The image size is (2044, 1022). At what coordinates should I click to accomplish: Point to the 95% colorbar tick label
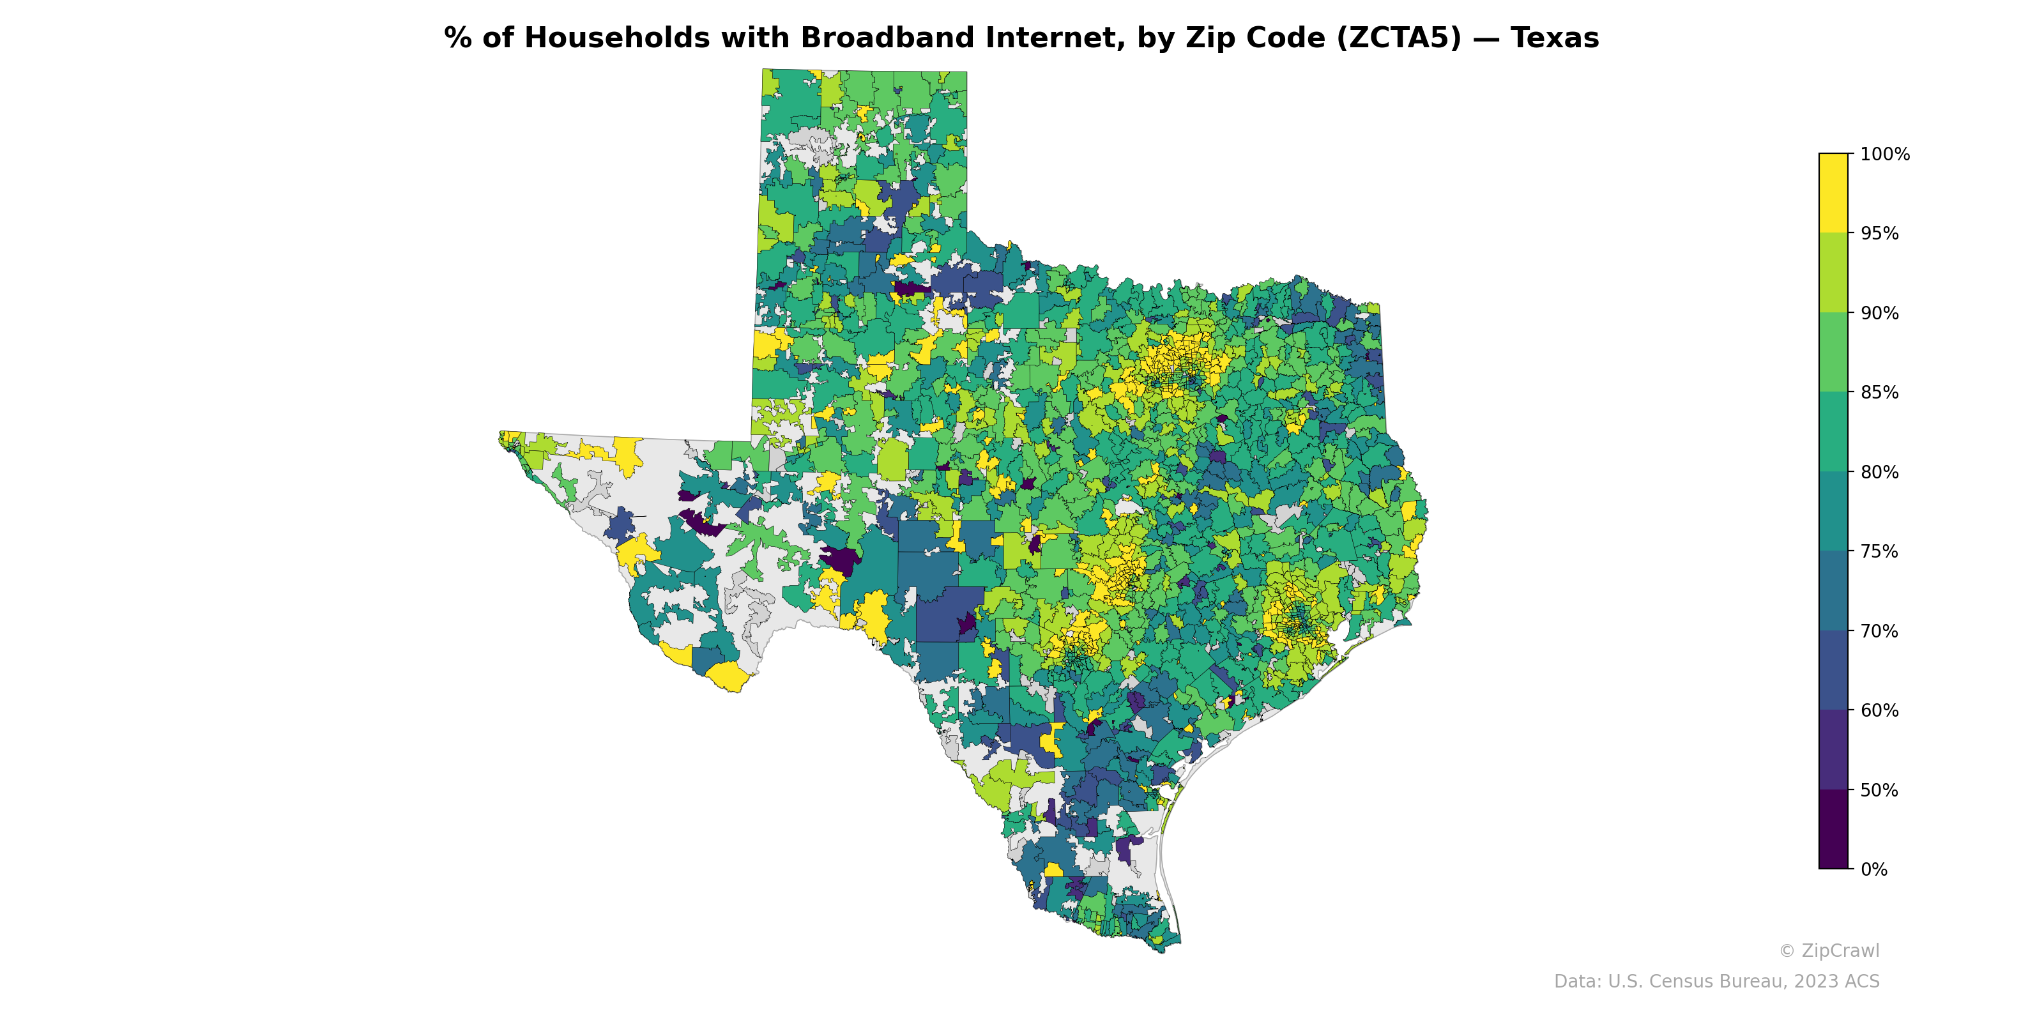click(1879, 233)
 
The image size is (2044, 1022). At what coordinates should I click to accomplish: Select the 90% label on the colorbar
click(1879, 312)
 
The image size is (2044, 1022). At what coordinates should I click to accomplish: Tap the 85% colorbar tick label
click(1879, 392)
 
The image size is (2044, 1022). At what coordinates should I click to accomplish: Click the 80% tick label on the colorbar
click(1879, 472)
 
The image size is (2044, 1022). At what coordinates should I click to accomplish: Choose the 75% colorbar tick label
click(1879, 551)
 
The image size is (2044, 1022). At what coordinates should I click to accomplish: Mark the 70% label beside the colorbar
click(1879, 631)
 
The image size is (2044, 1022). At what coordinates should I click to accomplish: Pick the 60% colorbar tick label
click(1879, 710)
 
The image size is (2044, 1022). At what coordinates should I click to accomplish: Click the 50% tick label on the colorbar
click(1879, 790)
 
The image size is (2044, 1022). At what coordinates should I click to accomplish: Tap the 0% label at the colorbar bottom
click(1873, 869)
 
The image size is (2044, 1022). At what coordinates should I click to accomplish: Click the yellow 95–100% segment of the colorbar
click(1833, 193)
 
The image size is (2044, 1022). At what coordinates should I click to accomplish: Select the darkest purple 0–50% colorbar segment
click(1833, 829)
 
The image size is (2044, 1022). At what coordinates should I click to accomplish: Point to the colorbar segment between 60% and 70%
click(1833, 671)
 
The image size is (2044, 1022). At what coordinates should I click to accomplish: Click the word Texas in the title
click(1555, 38)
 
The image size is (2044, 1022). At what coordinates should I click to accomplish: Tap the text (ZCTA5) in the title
click(1398, 38)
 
